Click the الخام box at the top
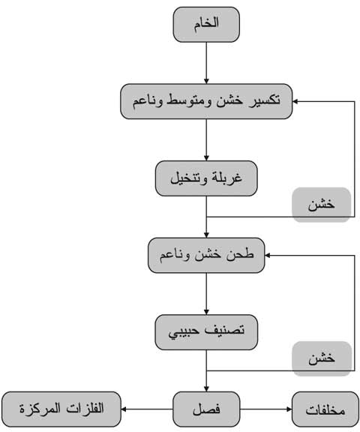[x=206, y=25]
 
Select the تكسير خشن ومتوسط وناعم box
[x=206, y=101]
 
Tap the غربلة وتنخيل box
[x=206, y=178]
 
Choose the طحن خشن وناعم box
[x=206, y=256]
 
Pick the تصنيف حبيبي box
[x=206, y=332]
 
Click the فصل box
[x=206, y=409]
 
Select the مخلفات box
[x=325, y=409]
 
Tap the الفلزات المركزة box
[x=61, y=409]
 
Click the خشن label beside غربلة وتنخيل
[x=322, y=205]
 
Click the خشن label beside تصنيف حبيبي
[x=322, y=358]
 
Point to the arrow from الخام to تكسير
[x=206, y=63]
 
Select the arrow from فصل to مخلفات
[x=265, y=409]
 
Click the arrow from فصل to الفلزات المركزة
[x=147, y=409]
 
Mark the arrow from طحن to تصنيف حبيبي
[x=206, y=294]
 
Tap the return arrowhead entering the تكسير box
[x=295, y=101]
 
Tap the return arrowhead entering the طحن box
[x=268, y=256]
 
